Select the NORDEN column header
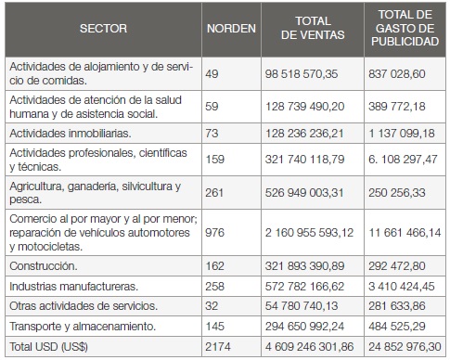coord(230,28)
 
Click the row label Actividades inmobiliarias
coord(63,134)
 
